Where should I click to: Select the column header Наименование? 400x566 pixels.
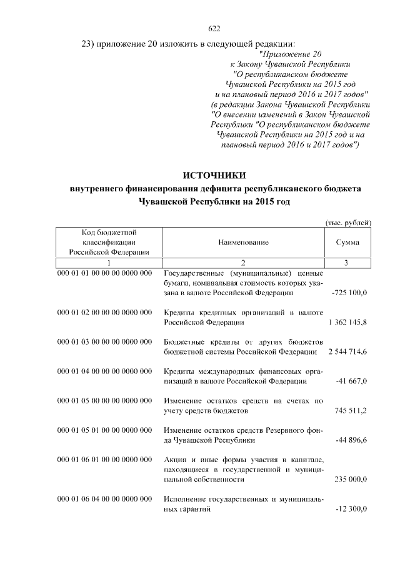click(x=243, y=243)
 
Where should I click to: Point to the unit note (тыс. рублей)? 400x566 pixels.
click(x=349, y=223)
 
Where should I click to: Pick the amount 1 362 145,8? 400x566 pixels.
click(x=347, y=323)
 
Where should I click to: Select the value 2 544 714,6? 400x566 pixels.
click(x=347, y=353)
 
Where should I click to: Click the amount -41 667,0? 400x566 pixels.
click(x=351, y=382)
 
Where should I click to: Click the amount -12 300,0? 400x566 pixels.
click(x=351, y=510)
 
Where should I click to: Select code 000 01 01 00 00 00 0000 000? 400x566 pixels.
click(x=104, y=274)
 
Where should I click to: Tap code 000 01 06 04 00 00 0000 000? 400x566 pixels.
click(x=104, y=500)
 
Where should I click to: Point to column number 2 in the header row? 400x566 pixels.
click(x=243, y=262)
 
